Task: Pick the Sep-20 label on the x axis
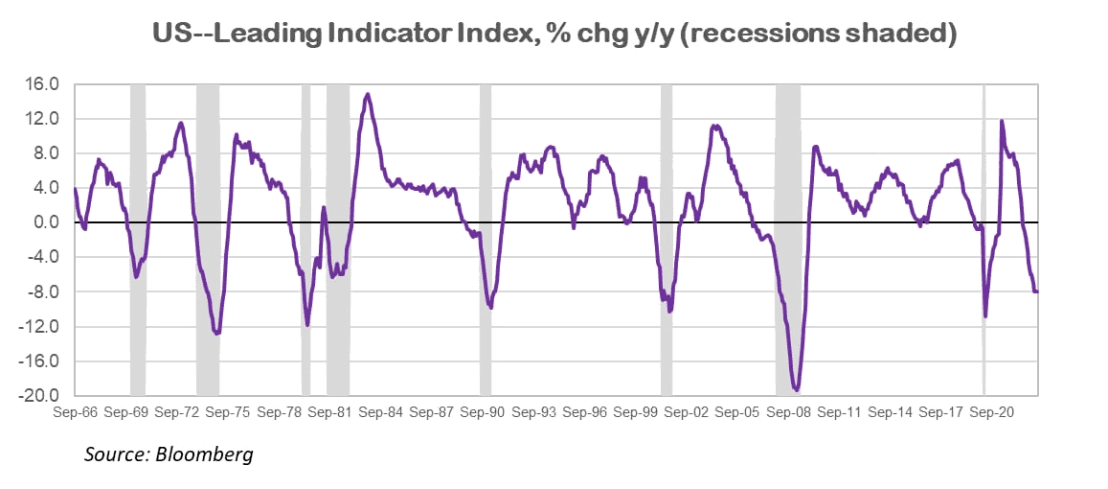(992, 413)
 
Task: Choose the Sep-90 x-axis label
(482, 413)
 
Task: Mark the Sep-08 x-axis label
(788, 413)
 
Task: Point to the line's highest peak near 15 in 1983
(368, 94)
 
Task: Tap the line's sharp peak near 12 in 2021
(1001, 121)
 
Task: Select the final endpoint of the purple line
(1038, 291)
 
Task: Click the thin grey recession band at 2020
(984, 240)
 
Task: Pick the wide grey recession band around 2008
(788, 240)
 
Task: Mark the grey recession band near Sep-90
(486, 240)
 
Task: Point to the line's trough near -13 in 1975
(217, 334)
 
